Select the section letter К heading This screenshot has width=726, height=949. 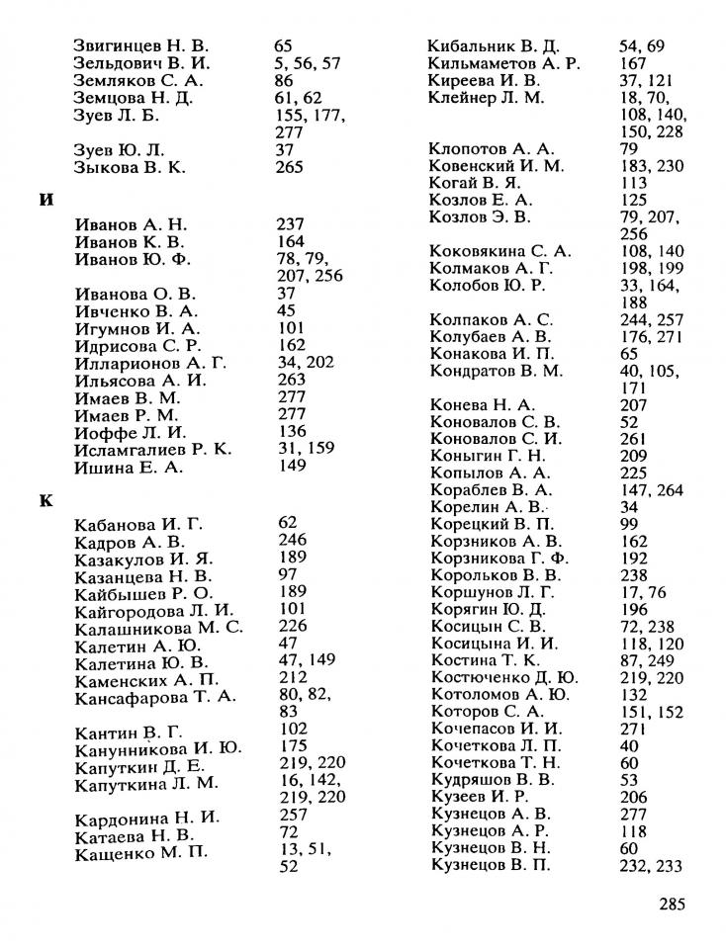pos(45,500)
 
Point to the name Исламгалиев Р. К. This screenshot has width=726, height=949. pos(153,449)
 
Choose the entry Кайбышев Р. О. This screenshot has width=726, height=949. pos(143,592)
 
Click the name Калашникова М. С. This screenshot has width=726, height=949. pos(158,628)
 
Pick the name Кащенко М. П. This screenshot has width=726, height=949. pos(141,853)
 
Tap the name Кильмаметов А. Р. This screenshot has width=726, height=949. pos(503,63)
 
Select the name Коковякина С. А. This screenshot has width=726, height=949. pos(500,251)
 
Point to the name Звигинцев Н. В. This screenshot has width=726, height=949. pos(141,45)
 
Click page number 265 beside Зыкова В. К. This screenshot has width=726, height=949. pos(289,168)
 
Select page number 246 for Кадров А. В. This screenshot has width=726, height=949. pos(294,541)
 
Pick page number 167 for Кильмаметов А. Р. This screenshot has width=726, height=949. pos(632,63)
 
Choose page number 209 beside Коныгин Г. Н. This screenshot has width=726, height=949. pos(633,456)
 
